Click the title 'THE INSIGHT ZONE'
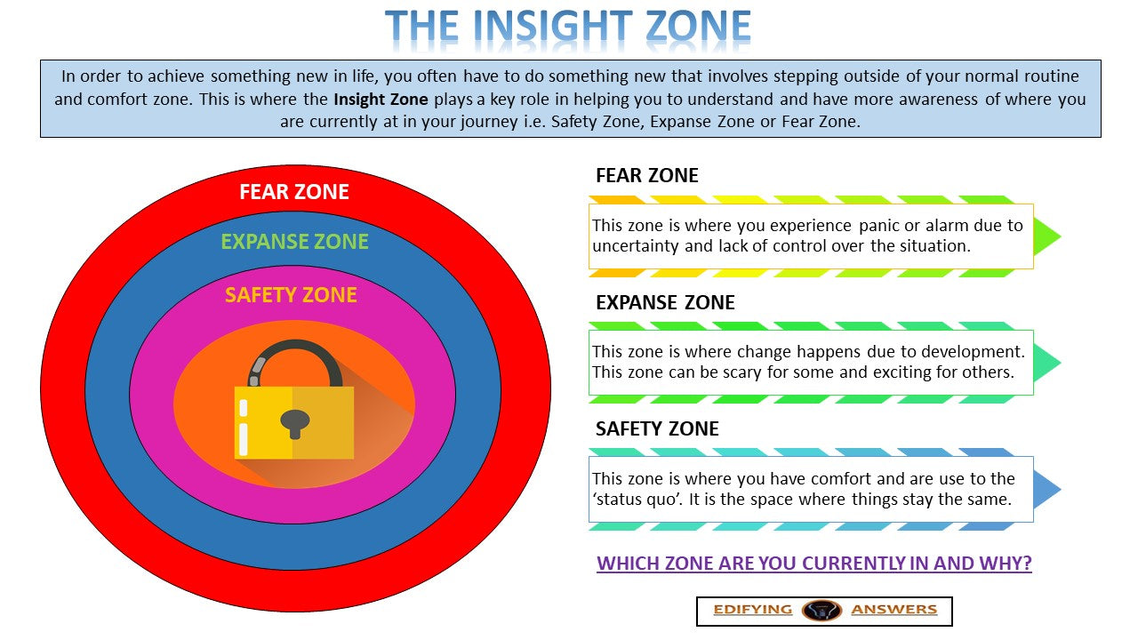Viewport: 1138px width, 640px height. tap(568, 28)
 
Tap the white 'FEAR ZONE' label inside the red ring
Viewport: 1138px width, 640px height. tap(294, 191)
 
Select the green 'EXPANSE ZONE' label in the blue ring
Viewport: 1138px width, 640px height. tap(294, 241)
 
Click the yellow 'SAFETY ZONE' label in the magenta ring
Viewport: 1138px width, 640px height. tap(291, 295)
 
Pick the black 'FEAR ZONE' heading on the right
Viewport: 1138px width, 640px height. tap(646, 175)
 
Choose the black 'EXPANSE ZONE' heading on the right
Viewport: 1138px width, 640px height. tap(665, 302)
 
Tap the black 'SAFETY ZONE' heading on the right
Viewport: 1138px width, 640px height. tap(657, 428)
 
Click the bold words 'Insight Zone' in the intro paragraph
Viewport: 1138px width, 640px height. tap(381, 100)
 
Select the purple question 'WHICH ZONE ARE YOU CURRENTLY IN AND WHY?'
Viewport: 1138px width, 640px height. tap(813, 564)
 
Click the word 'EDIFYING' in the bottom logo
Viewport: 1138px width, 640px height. tap(752, 610)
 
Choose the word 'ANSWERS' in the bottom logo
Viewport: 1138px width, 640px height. tap(894, 610)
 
